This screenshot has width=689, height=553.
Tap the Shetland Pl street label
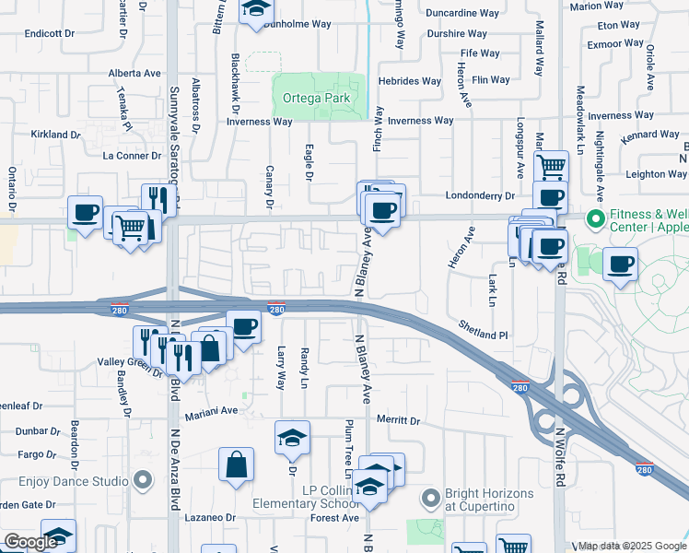[x=484, y=335]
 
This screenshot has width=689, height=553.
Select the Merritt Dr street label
[x=398, y=420]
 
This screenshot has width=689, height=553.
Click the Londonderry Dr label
[x=479, y=195]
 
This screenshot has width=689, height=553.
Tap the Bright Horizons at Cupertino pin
[x=430, y=499]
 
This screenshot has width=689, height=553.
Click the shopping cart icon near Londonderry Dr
[x=551, y=167]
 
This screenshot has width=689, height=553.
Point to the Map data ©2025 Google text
[x=632, y=546]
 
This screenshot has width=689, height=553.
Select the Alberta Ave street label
[x=134, y=73]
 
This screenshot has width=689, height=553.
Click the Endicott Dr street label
[x=50, y=33]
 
